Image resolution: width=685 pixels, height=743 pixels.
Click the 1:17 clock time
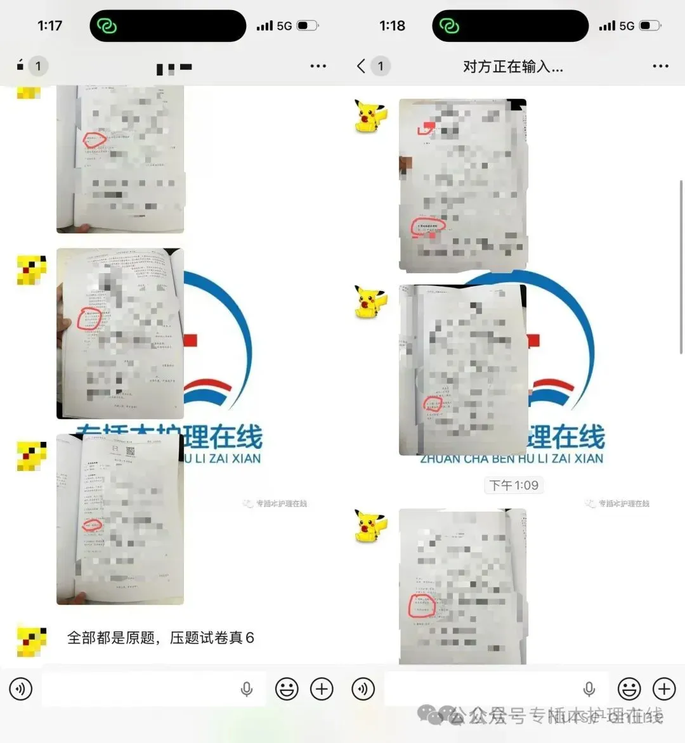pyautogui.click(x=49, y=26)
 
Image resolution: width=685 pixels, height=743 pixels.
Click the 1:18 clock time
pyautogui.click(x=392, y=26)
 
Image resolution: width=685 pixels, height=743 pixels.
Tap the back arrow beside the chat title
pyautogui.click(x=361, y=66)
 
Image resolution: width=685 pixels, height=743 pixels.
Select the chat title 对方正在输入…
pyautogui.click(x=512, y=66)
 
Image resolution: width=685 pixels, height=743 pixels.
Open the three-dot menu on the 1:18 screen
pyautogui.click(x=660, y=66)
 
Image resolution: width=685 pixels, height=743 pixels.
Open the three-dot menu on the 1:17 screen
pyautogui.click(x=318, y=66)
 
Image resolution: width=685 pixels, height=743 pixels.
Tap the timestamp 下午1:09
pyautogui.click(x=514, y=485)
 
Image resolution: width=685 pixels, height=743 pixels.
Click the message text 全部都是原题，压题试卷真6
pyautogui.click(x=160, y=638)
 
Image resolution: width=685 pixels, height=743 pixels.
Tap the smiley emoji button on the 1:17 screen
pyautogui.click(x=287, y=688)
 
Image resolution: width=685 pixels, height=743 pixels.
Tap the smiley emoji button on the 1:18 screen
pyautogui.click(x=629, y=688)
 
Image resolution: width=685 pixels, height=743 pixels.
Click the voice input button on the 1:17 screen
pyautogui.click(x=21, y=688)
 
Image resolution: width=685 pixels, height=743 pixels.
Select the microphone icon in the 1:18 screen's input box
pyautogui.click(x=589, y=688)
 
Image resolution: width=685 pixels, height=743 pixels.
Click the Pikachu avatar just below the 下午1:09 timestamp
pyautogui.click(x=370, y=525)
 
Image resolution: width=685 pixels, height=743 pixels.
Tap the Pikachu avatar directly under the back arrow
pyautogui.click(x=370, y=116)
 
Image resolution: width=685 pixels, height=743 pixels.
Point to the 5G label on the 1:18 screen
pyautogui.click(x=627, y=26)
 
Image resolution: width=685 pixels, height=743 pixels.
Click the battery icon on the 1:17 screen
pyautogui.click(x=308, y=26)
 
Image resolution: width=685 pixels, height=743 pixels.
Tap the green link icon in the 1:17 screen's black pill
pyautogui.click(x=107, y=26)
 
